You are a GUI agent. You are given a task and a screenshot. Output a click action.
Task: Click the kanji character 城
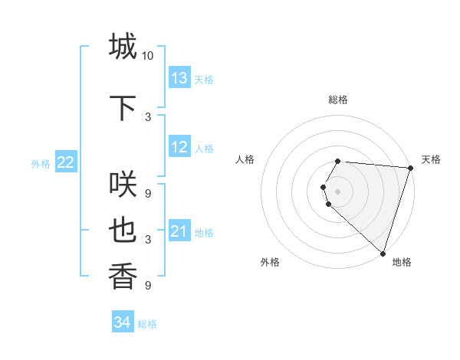click(x=123, y=46)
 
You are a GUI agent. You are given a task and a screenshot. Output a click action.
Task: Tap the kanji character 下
click(x=123, y=108)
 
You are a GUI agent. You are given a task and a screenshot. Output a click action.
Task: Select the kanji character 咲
click(x=123, y=185)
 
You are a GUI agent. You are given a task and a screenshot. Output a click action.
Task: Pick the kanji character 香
click(x=123, y=276)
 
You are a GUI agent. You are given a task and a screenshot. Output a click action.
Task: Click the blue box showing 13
click(x=179, y=78)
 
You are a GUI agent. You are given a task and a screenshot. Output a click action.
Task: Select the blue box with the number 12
click(x=179, y=147)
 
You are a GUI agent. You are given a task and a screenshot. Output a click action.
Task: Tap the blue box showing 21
click(x=179, y=231)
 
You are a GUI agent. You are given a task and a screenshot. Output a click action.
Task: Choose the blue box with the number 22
click(x=66, y=162)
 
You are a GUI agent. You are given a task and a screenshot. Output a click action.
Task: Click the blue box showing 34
click(x=123, y=322)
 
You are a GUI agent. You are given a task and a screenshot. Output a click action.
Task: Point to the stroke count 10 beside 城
click(x=148, y=56)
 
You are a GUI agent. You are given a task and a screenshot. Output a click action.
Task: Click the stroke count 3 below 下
click(x=148, y=116)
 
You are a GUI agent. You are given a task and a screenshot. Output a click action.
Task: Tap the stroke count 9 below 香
click(x=148, y=286)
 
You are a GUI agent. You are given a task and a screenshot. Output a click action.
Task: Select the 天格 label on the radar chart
click(x=431, y=159)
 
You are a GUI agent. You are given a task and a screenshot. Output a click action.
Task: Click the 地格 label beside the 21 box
click(x=204, y=232)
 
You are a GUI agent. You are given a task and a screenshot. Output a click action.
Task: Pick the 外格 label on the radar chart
click(x=270, y=262)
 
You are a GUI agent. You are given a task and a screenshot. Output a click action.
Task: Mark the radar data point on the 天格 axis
click(x=410, y=168)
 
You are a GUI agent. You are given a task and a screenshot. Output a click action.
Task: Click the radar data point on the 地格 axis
click(x=383, y=254)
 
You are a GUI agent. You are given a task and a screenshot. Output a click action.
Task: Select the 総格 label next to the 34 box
click(x=147, y=324)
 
